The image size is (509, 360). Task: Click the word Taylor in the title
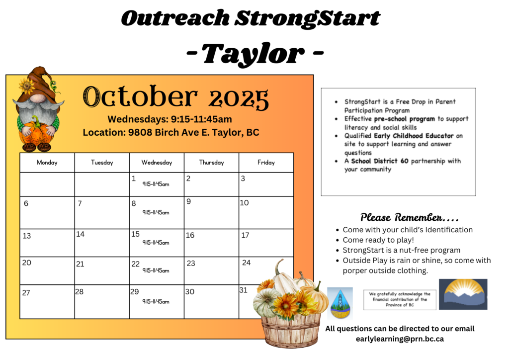click(x=253, y=54)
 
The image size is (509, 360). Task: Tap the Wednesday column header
click(x=157, y=162)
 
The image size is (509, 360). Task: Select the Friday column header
click(x=266, y=162)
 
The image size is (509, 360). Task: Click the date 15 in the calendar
click(x=135, y=234)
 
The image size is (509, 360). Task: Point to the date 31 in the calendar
click(x=244, y=290)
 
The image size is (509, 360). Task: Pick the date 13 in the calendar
click(x=27, y=236)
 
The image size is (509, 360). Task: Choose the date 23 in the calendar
click(x=191, y=263)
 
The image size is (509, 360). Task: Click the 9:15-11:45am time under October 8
click(x=156, y=213)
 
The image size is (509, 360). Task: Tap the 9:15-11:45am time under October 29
click(x=156, y=301)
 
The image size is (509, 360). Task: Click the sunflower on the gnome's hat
click(x=27, y=86)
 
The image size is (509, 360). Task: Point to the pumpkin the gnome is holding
click(x=36, y=133)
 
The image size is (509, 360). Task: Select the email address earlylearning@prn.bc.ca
click(x=400, y=339)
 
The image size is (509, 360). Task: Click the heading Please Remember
click(x=409, y=217)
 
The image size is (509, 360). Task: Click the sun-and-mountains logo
click(x=463, y=294)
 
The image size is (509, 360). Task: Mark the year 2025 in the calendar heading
click(x=239, y=98)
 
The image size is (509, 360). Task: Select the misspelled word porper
click(x=354, y=270)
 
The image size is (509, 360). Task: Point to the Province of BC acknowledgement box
click(x=400, y=300)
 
